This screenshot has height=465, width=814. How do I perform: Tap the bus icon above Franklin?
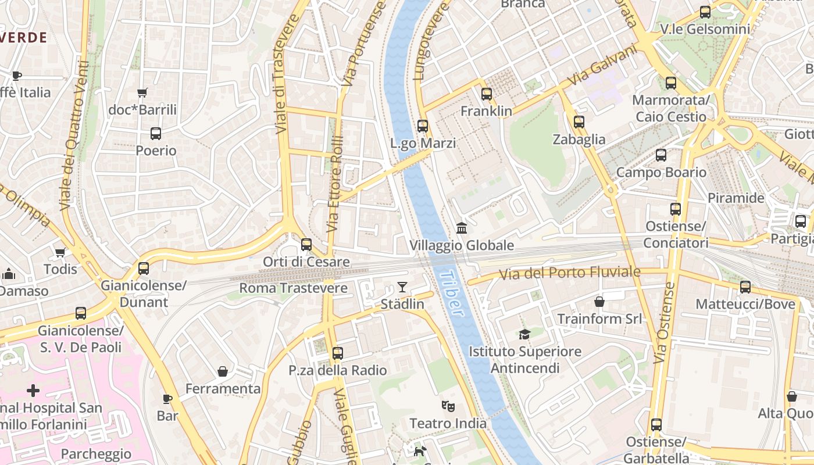point(487,94)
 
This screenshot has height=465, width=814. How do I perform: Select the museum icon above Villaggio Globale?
point(462,227)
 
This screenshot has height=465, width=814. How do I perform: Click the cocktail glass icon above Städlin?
point(402,287)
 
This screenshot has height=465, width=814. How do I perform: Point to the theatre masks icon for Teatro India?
point(448,406)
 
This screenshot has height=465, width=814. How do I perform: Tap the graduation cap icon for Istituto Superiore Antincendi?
point(525,334)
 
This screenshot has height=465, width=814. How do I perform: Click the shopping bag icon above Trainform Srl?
point(599,302)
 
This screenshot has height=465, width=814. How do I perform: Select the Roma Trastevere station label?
point(293,288)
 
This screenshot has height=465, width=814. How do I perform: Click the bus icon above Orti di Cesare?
point(306,245)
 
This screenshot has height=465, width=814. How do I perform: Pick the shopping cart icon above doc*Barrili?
point(142,92)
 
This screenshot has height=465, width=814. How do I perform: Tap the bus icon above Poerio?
point(156,134)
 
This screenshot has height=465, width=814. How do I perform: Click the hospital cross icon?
point(33,391)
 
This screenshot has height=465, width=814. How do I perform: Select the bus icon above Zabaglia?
point(579,122)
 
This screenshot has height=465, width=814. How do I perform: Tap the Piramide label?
point(736,198)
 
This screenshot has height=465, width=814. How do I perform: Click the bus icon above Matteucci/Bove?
point(745,287)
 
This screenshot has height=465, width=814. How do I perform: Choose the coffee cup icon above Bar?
point(167,399)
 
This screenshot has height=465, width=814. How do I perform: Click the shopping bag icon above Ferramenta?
point(223,371)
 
